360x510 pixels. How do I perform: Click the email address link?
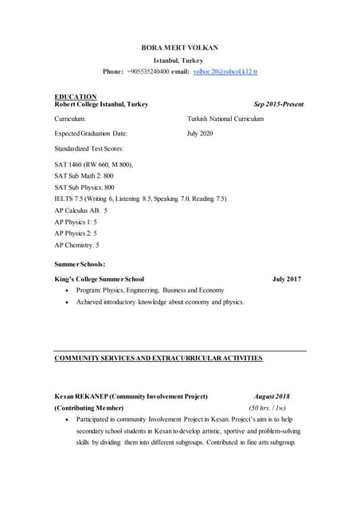click(x=225, y=72)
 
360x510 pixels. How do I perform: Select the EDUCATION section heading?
click(x=75, y=96)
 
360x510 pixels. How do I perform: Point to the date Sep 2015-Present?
click(x=278, y=104)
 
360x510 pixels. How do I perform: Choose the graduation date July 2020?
click(x=200, y=134)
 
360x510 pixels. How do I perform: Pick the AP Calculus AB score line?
click(x=80, y=210)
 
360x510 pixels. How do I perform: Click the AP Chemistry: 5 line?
click(x=76, y=245)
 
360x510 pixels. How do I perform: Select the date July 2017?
click(x=287, y=280)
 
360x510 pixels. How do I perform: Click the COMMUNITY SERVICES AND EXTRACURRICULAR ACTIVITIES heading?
click(x=158, y=359)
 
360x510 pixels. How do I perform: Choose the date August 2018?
click(x=272, y=396)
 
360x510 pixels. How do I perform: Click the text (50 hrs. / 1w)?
click(x=268, y=408)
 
